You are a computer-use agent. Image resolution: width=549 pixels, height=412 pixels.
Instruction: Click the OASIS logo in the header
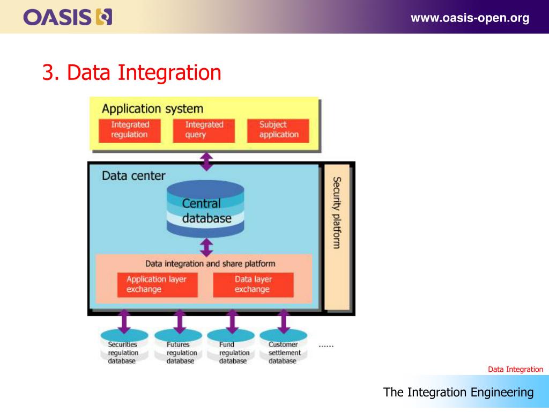tap(68, 18)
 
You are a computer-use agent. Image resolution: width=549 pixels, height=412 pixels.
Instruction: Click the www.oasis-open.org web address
tap(470, 18)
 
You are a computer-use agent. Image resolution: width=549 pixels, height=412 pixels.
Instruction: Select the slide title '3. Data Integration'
tap(132, 73)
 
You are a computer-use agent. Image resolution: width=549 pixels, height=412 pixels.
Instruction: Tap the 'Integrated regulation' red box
tap(129, 130)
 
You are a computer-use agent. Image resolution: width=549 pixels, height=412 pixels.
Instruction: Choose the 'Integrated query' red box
tap(204, 130)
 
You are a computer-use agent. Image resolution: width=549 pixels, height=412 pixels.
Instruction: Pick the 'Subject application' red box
tap(278, 130)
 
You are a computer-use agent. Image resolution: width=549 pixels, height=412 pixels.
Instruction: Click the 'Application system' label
tap(152, 109)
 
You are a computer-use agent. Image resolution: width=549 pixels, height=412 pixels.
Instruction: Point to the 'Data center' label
tap(133, 175)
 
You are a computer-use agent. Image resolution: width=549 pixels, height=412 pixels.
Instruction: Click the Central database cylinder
tap(206, 210)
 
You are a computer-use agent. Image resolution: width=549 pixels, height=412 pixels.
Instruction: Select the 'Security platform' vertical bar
tap(337, 237)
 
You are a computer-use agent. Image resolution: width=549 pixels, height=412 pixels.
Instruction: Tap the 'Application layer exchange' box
tap(157, 284)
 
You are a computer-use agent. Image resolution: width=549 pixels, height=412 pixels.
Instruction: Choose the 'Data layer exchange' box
tap(253, 284)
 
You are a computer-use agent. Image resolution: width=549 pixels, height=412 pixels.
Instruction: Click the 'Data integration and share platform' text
tap(210, 264)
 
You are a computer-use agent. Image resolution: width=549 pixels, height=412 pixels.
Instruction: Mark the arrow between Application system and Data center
tap(206, 161)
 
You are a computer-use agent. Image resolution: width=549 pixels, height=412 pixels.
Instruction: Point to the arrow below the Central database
tap(206, 247)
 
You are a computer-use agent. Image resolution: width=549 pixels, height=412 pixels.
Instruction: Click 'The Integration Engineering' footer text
tap(458, 392)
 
